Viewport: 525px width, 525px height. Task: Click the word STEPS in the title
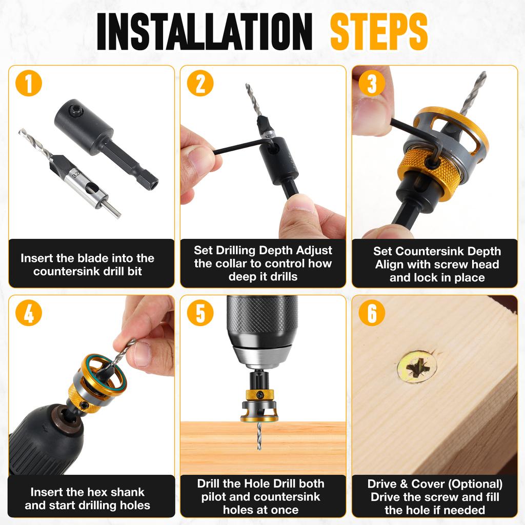pyautogui.click(x=379, y=32)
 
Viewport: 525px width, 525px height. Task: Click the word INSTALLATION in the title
pyautogui.click(x=204, y=32)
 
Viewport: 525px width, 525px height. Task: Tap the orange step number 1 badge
pyautogui.click(x=29, y=84)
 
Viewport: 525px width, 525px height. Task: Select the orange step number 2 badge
pyautogui.click(x=200, y=84)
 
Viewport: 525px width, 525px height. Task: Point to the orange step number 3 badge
pyautogui.click(x=372, y=84)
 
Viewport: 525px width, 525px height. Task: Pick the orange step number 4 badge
pyautogui.click(x=29, y=314)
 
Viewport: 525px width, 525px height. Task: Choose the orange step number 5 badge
pyautogui.click(x=200, y=314)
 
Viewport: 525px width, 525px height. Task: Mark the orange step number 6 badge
pyautogui.click(x=372, y=314)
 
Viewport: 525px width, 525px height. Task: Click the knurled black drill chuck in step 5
pyautogui.click(x=262, y=320)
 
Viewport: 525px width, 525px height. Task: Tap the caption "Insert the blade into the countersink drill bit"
pyautogui.click(x=87, y=265)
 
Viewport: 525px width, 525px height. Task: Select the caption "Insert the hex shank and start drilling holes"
pyautogui.click(x=87, y=498)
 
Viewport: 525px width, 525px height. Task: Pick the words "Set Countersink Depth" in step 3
pyautogui.click(x=437, y=252)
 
